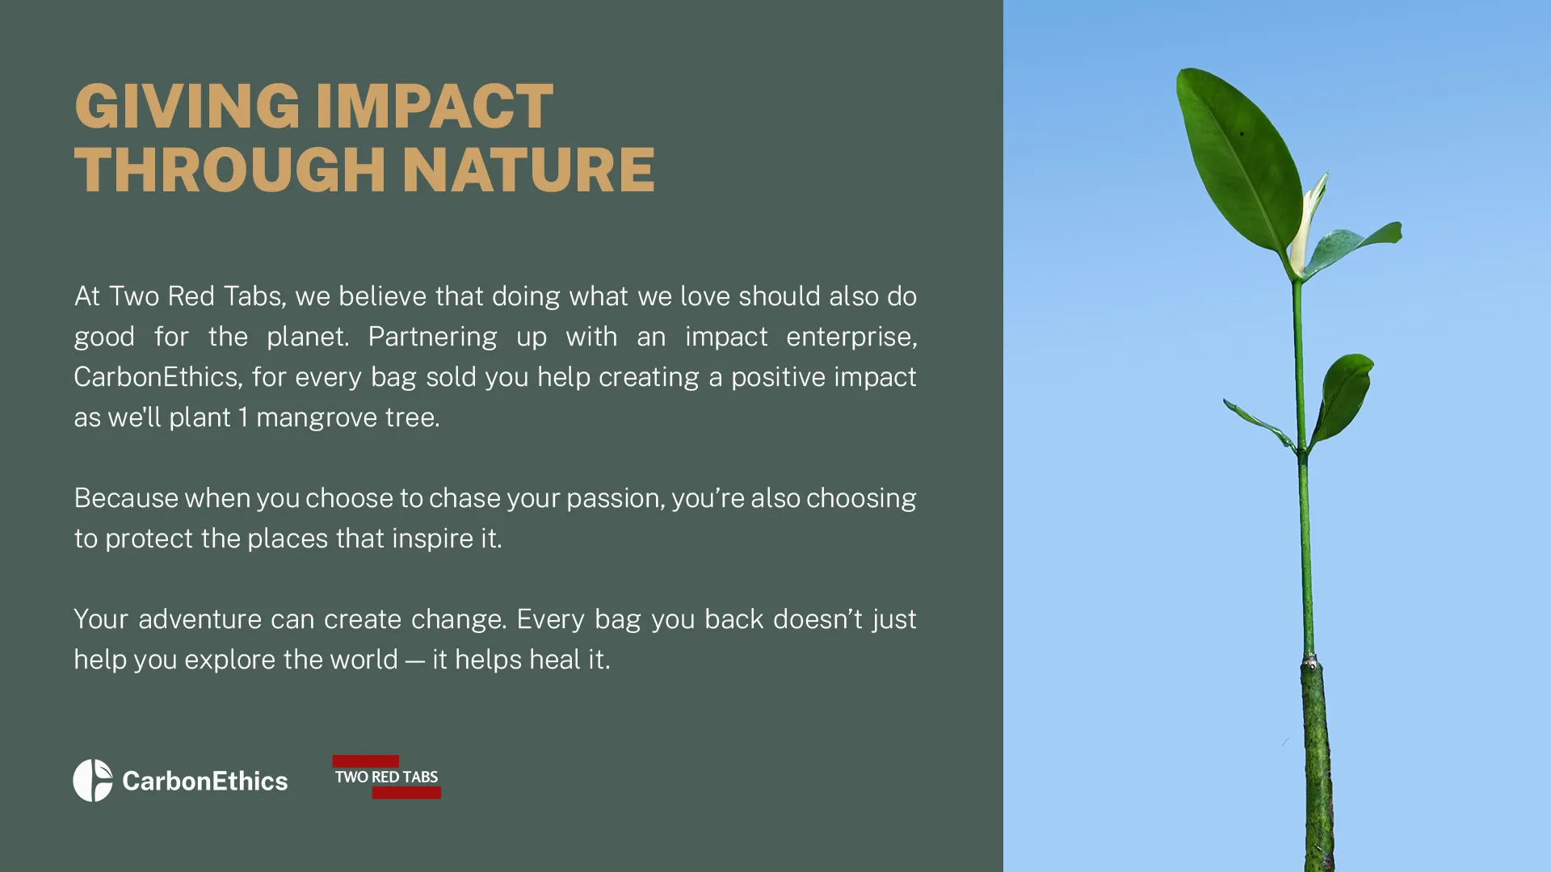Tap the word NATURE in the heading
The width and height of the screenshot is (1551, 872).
point(528,170)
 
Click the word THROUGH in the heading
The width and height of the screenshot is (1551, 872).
point(230,170)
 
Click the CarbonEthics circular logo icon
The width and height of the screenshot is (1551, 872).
point(93,780)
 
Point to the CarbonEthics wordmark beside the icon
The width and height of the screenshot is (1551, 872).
point(205,781)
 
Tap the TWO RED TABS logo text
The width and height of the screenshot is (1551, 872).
point(386,777)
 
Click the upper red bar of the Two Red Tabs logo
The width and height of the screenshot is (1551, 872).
point(365,761)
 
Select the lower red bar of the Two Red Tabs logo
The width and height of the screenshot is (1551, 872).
point(406,793)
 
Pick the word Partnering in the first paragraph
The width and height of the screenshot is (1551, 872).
point(432,337)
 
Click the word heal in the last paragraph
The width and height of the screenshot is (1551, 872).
point(555,659)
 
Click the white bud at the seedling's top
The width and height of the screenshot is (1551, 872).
point(1306,226)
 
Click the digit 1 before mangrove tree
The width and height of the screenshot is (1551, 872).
point(243,417)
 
